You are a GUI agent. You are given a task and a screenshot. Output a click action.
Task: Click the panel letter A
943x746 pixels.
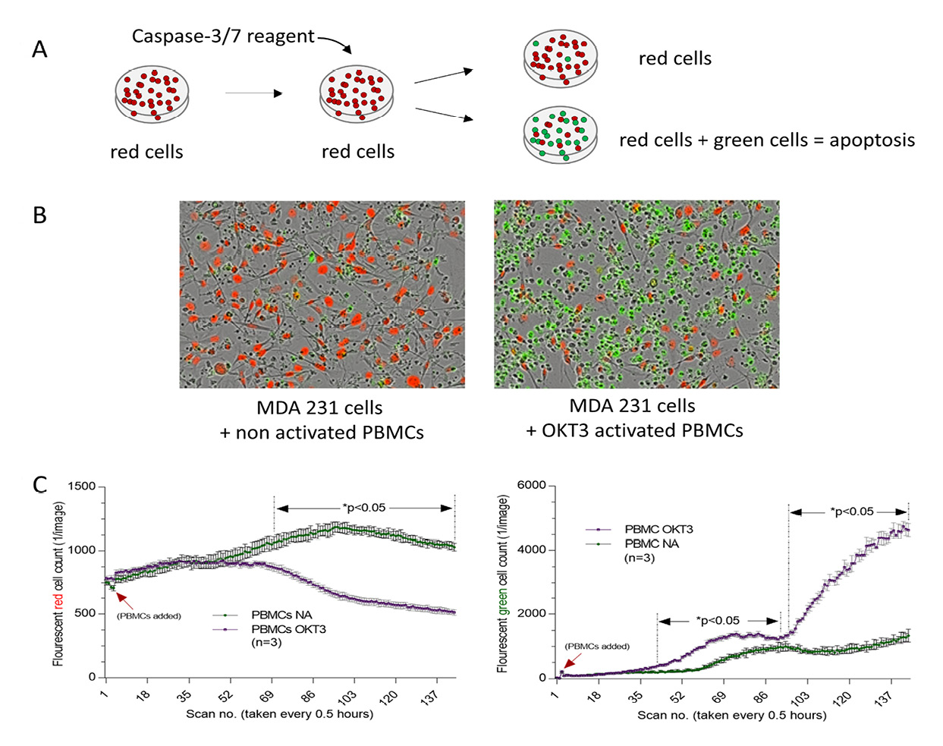pos(39,50)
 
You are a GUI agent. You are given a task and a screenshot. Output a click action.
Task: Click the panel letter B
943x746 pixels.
pos(39,216)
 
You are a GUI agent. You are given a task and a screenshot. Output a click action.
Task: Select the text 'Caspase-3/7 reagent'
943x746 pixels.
pos(222,36)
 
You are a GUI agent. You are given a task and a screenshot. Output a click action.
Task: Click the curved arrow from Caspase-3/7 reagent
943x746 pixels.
pos(335,42)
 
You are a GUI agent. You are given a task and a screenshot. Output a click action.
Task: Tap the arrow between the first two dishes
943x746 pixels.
pos(253,93)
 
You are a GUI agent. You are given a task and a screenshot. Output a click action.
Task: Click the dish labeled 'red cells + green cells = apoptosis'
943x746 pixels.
pos(560,136)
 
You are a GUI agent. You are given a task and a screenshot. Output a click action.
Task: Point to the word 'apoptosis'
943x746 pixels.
pos(872,140)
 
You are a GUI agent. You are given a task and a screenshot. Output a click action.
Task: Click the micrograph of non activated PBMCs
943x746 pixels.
pos(322,294)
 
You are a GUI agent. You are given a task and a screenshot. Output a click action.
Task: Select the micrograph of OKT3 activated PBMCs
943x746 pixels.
pos(636,294)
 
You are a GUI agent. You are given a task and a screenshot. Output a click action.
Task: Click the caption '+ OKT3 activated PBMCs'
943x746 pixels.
pos(634,431)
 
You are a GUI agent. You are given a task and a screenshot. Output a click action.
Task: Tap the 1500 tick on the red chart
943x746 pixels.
pos(82,486)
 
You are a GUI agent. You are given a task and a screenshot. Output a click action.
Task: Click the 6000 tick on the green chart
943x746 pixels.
pos(531,486)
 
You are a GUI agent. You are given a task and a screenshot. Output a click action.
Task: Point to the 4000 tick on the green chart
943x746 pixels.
pos(531,549)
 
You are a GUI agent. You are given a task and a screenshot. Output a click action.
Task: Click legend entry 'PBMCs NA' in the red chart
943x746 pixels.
pos(281,615)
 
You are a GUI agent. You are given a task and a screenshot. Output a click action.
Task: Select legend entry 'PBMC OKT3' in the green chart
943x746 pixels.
pos(659,529)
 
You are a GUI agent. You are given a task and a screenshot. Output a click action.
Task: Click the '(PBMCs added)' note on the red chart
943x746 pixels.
pos(149,615)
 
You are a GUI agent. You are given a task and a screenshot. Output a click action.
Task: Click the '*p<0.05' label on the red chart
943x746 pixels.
pos(363,508)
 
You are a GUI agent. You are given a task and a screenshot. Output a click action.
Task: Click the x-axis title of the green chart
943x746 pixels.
pos(731,715)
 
